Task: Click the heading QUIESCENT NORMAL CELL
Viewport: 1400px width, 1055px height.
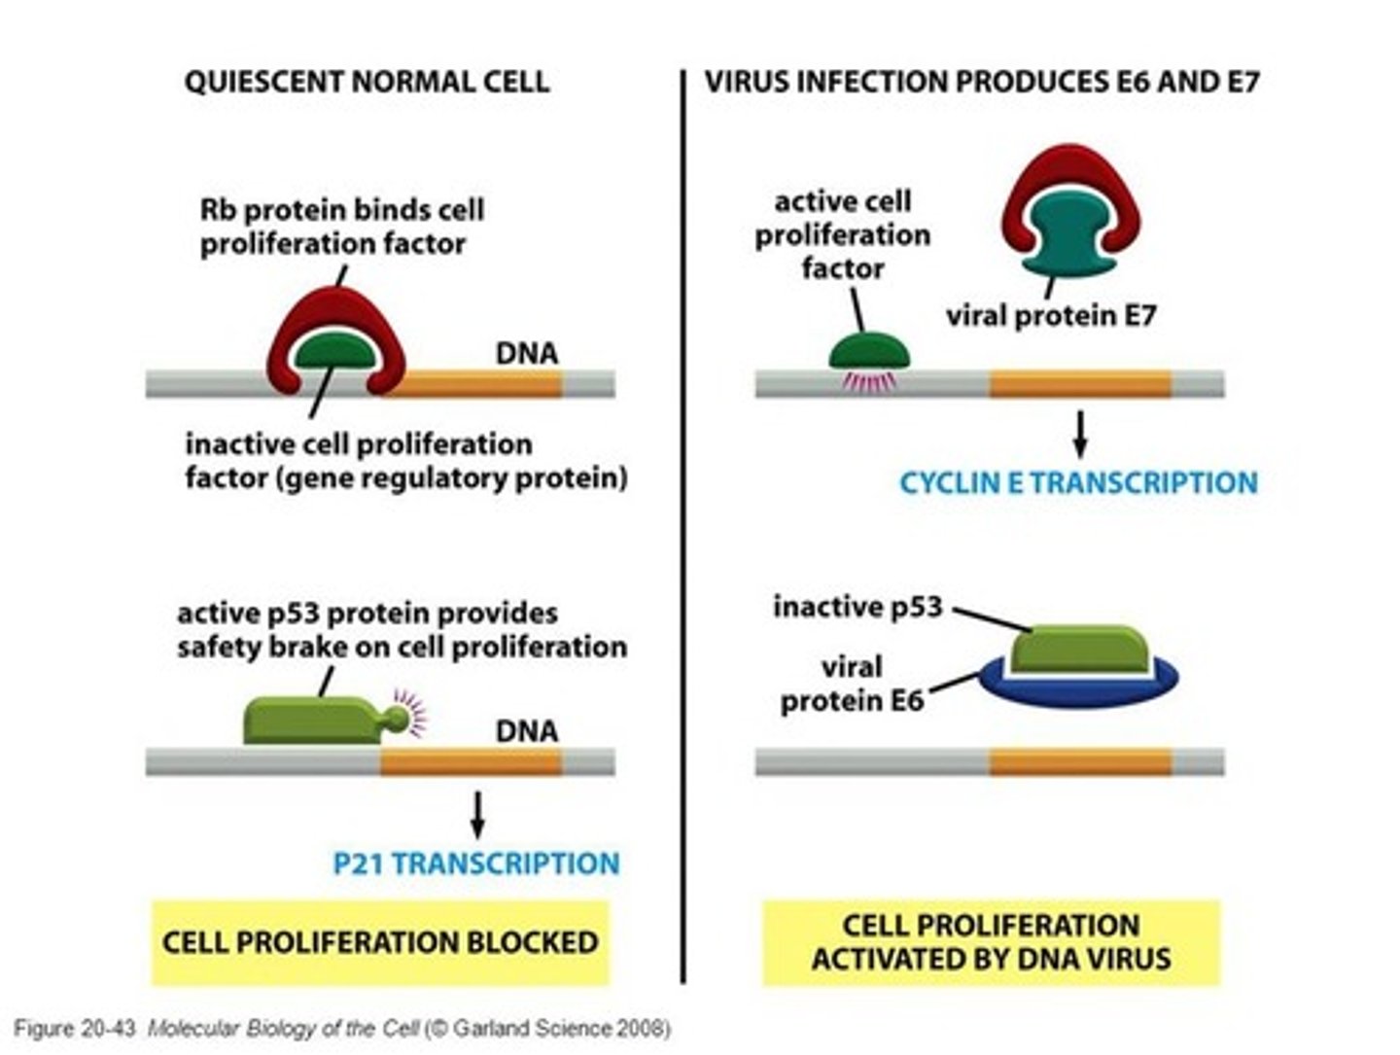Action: pos(367,82)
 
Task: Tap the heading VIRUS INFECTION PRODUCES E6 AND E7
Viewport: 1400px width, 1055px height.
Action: pos(981,82)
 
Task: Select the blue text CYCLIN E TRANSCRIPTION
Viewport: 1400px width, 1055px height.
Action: pos(1078,482)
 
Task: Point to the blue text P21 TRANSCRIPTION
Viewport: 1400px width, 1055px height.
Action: pos(475,863)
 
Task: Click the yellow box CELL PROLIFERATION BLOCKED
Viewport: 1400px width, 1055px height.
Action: pos(379,942)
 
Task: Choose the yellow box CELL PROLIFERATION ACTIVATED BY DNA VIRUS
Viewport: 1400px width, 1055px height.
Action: pos(991,941)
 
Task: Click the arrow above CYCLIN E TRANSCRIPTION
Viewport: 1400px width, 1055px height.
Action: pos(1079,434)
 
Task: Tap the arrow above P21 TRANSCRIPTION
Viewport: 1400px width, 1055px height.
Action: pos(476,814)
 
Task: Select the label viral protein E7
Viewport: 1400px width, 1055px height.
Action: pos(1051,316)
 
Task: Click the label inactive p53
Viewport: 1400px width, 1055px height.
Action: pos(857,607)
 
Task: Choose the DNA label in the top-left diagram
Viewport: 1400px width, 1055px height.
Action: pos(527,353)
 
